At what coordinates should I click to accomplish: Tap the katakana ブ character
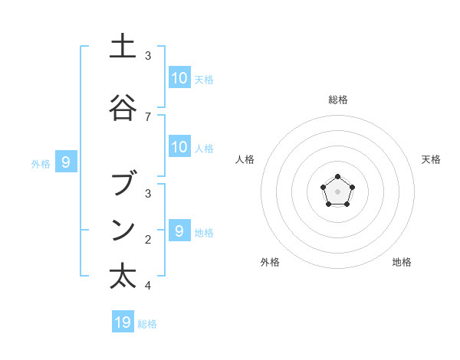pyautogui.click(x=123, y=185)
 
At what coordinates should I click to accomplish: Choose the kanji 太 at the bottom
pyautogui.click(x=123, y=276)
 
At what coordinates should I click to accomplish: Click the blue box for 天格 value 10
pyautogui.click(x=179, y=78)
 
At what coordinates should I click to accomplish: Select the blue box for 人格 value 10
pyautogui.click(x=179, y=147)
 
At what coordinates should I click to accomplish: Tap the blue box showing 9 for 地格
pyautogui.click(x=179, y=231)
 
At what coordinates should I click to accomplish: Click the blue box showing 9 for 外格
pyautogui.click(x=66, y=162)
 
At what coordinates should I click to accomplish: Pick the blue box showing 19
pyautogui.click(x=123, y=322)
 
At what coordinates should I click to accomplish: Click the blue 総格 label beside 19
pyautogui.click(x=147, y=324)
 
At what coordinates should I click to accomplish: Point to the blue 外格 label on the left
pyautogui.click(x=41, y=163)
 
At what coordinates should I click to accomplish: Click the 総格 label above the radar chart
pyautogui.click(x=337, y=100)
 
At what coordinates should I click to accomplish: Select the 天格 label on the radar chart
pyautogui.click(x=431, y=159)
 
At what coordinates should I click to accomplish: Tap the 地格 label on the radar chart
pyautogui.click(x=402, y=262)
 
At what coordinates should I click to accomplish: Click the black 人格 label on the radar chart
pyautogui.click(x=245, y=159)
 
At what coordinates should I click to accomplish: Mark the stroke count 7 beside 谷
pyautogui.click(x=148, y=116)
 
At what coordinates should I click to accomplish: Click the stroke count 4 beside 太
pyautogui.click(x=148, y=286)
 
